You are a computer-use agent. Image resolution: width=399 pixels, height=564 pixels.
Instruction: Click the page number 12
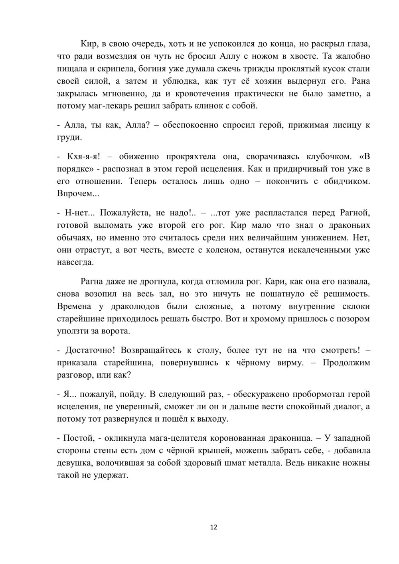[213, 527]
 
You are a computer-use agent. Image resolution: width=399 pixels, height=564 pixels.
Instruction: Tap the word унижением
[323, 238]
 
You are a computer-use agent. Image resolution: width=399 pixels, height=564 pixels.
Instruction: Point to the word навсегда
[76, 262]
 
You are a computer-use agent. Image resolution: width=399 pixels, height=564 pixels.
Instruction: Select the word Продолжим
[346, 363]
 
